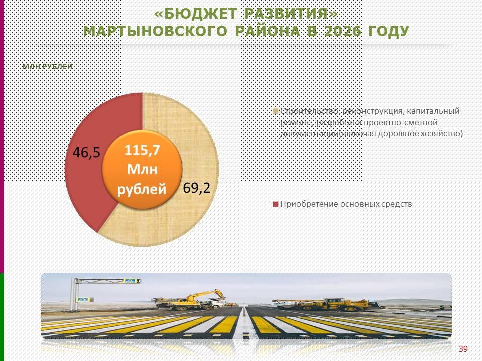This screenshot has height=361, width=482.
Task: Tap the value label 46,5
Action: click(86, 152)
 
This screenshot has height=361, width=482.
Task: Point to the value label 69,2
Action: click(197, 188)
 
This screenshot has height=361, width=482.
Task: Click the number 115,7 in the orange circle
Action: click(142, 151)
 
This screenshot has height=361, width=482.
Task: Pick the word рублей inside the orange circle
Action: click(142, 189)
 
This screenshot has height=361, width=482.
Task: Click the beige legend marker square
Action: click(276, 111)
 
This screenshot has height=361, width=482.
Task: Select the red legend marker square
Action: click(276, 204)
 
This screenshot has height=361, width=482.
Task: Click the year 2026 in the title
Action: click(342, 31)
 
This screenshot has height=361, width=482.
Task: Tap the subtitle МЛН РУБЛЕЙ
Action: click(47, 66)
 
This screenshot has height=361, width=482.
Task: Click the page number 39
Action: click(463, 349)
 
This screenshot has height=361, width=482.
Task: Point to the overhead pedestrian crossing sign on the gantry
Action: click(131, 281)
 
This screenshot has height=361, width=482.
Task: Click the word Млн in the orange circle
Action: click(142, 169)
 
